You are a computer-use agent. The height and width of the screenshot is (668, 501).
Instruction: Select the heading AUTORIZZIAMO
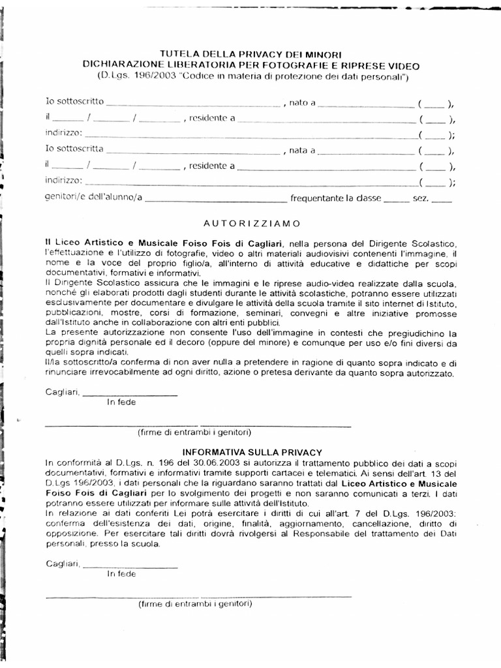(x=250, y=223)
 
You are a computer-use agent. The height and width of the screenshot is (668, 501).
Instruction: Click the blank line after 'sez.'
(x=441, y=198)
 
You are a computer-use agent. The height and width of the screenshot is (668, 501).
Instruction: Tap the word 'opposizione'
(x=70, y=534)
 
